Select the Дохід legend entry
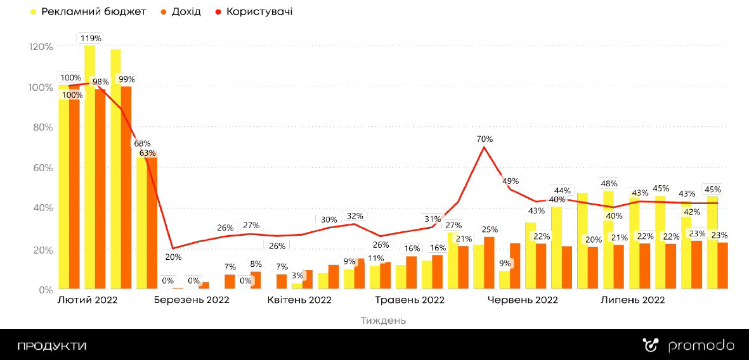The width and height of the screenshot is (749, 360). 185,12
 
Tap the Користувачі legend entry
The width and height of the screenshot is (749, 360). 259,12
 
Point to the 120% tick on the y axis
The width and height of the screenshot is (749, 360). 41,47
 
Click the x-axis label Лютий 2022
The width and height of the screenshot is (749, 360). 88,300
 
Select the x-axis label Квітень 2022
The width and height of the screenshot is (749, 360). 299,300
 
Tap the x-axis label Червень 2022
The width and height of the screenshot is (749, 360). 523,300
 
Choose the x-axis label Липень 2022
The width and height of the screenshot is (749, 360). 632,300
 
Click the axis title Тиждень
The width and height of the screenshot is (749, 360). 383,321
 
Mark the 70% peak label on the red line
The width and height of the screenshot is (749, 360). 485,139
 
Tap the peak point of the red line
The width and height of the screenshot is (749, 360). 484,147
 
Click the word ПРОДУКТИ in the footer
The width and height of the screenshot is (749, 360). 51,346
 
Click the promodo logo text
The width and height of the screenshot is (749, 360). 701,346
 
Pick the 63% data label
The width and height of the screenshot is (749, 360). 147,153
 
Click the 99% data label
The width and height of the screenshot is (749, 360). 126,79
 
